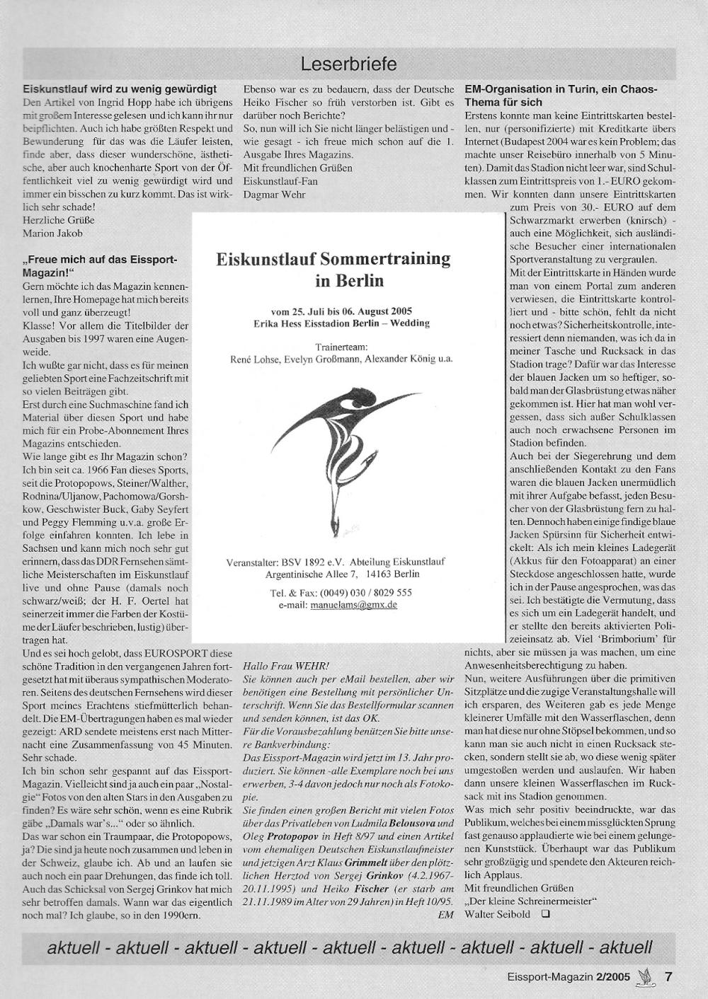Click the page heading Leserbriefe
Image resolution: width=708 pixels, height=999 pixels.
[x=348, y=64]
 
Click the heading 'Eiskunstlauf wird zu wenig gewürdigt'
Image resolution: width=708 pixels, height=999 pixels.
[x=120, y=90]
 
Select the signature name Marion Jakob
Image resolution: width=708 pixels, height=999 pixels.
[x=53, y=233]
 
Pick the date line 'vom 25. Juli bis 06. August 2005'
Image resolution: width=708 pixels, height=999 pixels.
[x=341, y=311]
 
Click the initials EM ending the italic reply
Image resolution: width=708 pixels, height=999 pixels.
[x=445, y=915]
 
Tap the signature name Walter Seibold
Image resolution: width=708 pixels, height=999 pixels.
[x=496, y=913]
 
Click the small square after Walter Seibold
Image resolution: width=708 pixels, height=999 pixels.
[x=544, y=913]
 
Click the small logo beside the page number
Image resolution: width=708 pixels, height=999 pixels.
[x=645, y=977]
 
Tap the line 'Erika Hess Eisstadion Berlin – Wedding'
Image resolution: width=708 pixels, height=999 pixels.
[x=341, y=323]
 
